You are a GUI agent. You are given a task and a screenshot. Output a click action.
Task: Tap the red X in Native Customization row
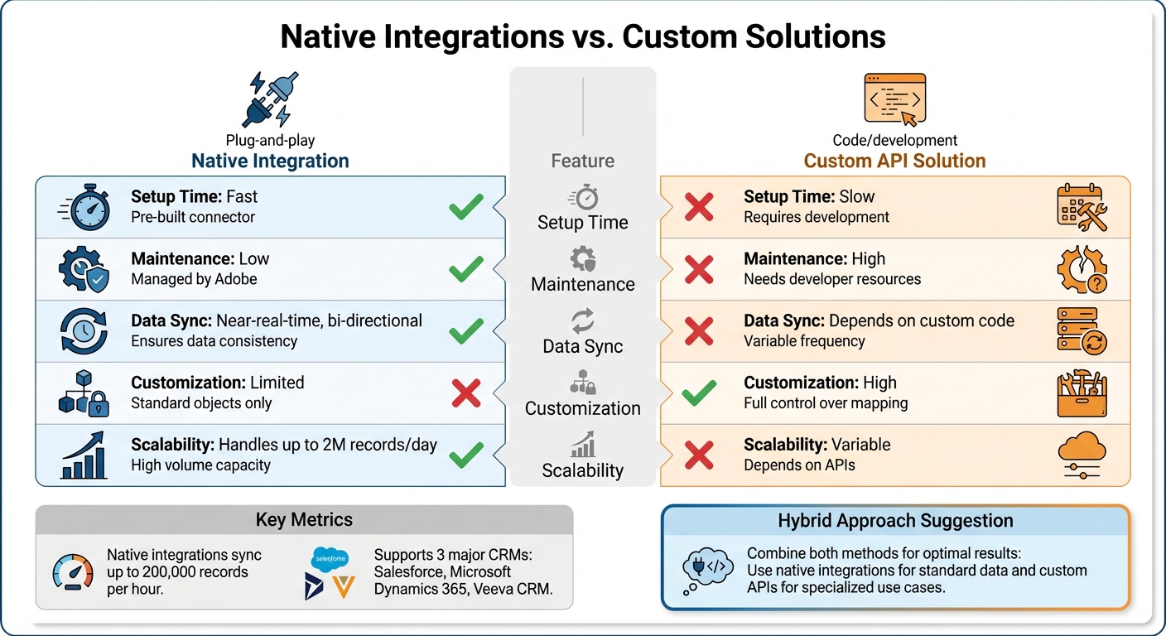pyautogui.click(x=466, y=393)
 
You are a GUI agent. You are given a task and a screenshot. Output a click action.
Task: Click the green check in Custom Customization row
pyautogui.click(x=699, y=393)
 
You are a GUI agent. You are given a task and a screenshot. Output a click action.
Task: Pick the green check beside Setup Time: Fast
pyautogui.click(x=466, y=207)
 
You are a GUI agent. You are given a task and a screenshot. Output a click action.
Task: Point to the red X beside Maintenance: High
pyautogui.click(x=699, y=269)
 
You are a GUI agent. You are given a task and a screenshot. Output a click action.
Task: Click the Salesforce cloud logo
pyautogui.click(x=330, y=559)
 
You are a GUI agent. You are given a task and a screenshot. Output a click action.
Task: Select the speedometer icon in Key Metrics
pyautogui.click(x=73, y=571)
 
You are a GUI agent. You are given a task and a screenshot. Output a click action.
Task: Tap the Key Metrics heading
pyautogui.click(x=304, y=520)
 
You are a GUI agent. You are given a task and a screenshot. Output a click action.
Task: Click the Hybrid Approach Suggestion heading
pyautogui.click(x=895, y=521)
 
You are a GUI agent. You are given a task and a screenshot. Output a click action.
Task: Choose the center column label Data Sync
pyautogui.click(x=582, y=346)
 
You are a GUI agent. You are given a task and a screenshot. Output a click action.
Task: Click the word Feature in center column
pyautogui.click(x=582, y=160)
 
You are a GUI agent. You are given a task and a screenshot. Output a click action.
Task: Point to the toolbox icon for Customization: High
pyautogui.click(x=1082, y=394)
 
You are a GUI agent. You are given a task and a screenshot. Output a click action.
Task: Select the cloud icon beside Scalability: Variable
pyautogui.click(x=1082, y=456)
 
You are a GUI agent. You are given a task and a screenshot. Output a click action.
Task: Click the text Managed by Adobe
pyautogui.click(x=194, y=280)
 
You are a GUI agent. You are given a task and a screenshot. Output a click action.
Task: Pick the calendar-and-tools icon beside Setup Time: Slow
pyautogui.click(x=1082, y=208)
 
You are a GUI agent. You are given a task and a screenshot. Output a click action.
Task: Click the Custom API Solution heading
pyautogui.click(x=895, y=160)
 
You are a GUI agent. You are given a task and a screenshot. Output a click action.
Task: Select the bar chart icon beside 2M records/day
pyautogui.click(x=83, y=455)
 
